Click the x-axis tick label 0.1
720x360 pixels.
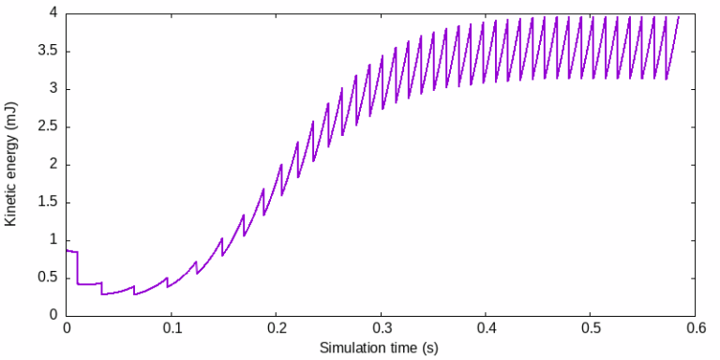pyautogui.click(x=172, y=329)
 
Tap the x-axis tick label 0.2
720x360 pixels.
pyautogui.click(x=277, y=329)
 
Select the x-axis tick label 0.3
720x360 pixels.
pyautogui.click(x=382, y=329)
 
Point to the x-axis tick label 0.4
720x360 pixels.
pyautogui.click(x=486, y=329)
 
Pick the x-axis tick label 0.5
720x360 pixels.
pyautogui.click(x=591, y=329)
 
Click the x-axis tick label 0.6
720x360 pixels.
pyautogui.click(x=696, y=329)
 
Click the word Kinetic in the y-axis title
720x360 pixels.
pyautogui.click(x=11, y=203)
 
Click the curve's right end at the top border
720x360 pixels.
pyautogui.click(x=679, y=15)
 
